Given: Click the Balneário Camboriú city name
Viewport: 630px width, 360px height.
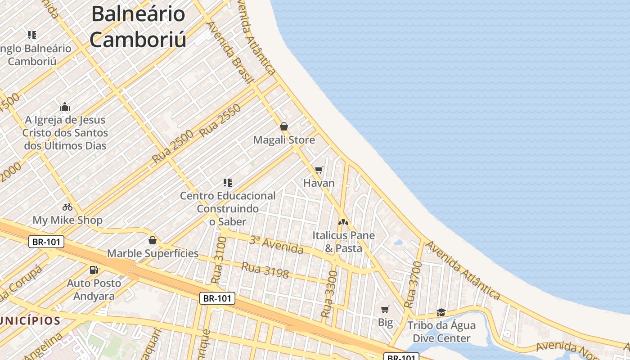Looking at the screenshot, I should point(138,27).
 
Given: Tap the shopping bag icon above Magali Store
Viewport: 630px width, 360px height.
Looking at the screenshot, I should point(284,126).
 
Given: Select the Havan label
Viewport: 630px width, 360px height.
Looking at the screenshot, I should point(319,183).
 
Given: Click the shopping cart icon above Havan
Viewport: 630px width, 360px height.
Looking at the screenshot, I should point(319,170).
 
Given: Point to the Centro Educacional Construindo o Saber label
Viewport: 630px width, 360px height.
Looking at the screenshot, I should point(228,209).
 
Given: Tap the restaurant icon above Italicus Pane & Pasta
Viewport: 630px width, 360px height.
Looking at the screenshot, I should point(343,222).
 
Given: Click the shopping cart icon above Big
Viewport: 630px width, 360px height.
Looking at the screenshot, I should point(385,309).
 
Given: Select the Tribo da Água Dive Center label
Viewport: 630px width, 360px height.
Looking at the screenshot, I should point(441,332).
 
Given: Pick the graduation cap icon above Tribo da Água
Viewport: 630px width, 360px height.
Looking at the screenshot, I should point(441,312).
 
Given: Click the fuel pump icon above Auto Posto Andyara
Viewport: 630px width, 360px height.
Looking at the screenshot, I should point(94,270).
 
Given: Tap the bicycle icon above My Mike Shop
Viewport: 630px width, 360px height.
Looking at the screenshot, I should point(67,207).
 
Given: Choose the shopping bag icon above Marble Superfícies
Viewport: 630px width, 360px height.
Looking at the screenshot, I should point(153,240).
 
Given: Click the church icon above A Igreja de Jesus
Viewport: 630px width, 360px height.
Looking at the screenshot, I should point(65,107).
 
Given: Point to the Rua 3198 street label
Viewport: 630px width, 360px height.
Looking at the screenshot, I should point(265,270).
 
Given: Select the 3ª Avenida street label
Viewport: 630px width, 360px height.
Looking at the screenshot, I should point(276,244).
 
